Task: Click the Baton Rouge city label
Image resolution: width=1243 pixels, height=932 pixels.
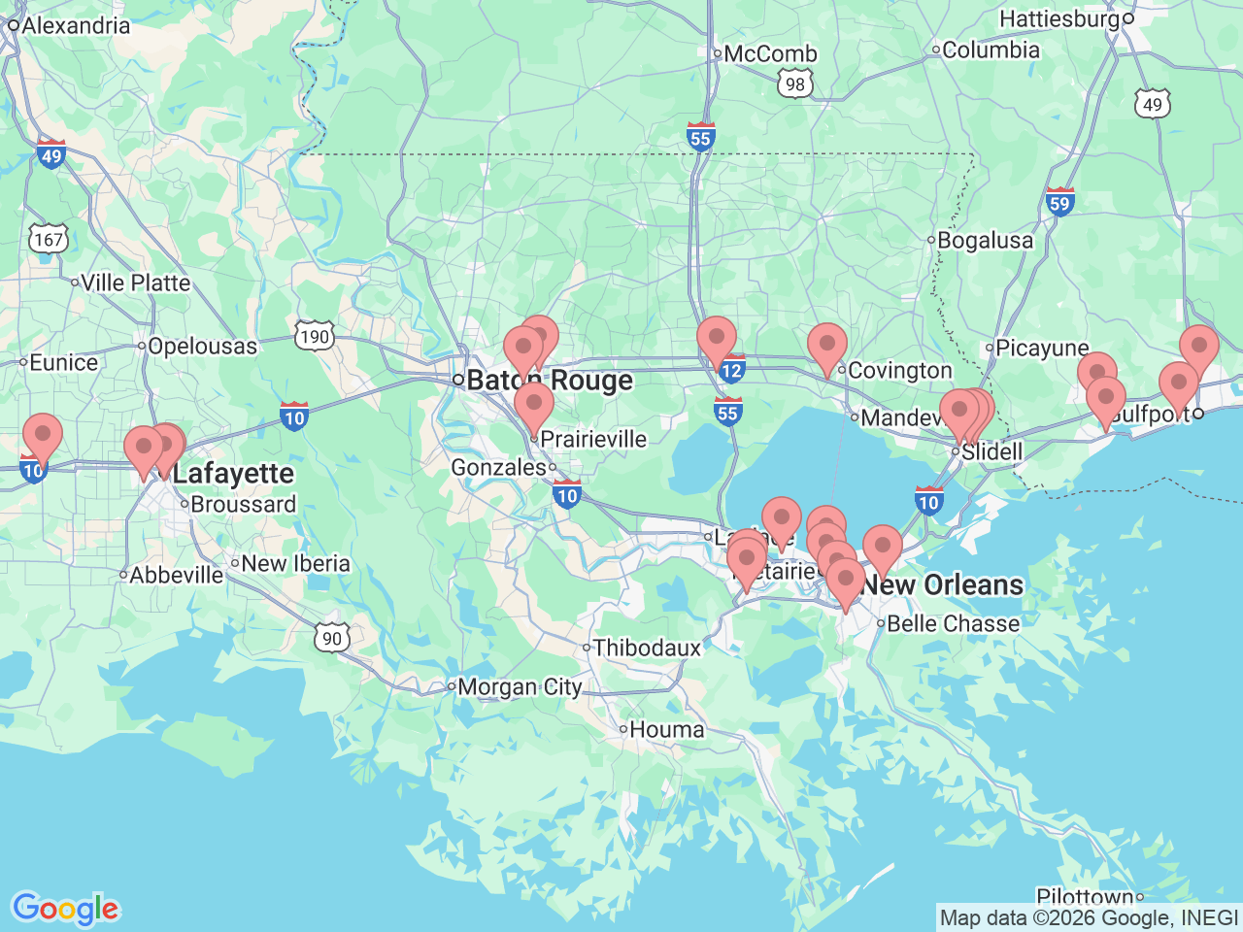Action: [550, 381]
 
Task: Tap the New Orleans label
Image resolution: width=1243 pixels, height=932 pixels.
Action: [943, 584]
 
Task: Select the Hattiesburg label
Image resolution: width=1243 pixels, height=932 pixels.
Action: [1059, 18]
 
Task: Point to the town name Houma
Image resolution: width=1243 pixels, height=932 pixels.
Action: [666, 729]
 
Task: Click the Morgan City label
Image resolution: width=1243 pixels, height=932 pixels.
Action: [520, 686]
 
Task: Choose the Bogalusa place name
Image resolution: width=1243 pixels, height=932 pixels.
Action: [985, 240]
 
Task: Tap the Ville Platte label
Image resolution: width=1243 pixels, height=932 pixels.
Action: [135, 283]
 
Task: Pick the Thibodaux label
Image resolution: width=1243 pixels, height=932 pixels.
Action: [647, 648]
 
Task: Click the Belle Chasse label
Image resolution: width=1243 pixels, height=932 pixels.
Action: [953, 623]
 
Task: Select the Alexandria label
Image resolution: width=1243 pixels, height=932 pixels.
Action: [76, 25]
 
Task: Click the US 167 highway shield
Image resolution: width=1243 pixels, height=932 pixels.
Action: [48, 239]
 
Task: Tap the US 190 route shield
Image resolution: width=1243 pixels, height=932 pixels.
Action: [315, 337]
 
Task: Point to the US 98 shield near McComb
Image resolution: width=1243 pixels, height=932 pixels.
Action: [795, 83]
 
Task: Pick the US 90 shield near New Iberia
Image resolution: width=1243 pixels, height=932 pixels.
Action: [332, 638]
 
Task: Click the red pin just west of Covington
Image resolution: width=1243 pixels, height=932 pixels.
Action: [827, 347]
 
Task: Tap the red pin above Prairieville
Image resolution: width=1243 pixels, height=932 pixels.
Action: [533, 406]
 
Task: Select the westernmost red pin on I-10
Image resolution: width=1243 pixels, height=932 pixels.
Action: [42, 436]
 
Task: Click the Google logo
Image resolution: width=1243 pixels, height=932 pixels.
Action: [65, 909]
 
